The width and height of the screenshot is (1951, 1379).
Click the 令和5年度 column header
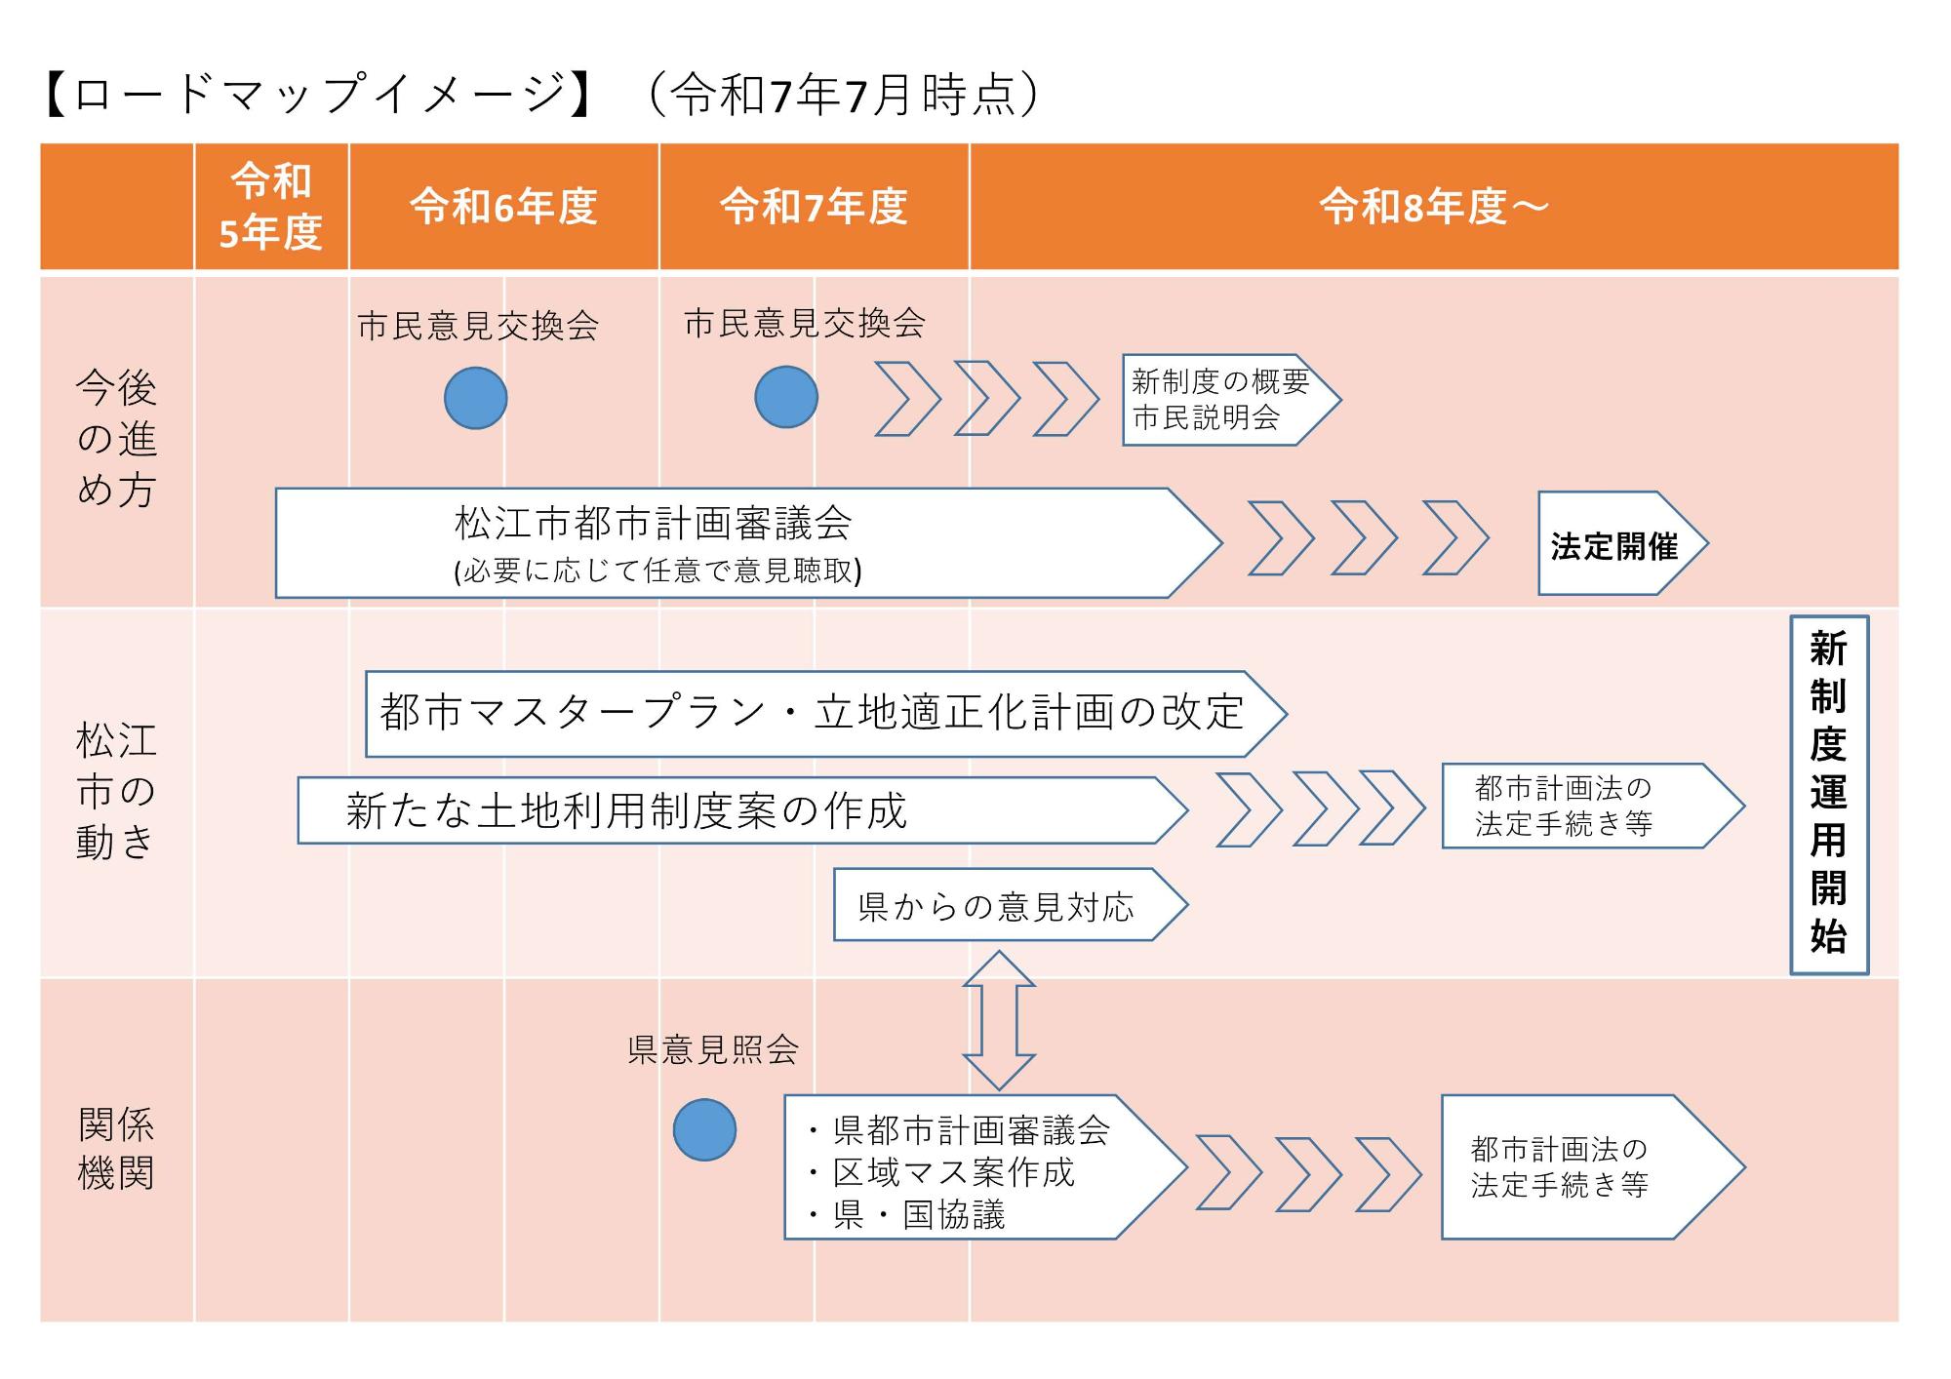coord(270,207)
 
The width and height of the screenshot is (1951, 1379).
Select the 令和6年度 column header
coord(503,207)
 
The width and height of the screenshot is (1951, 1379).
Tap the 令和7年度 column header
coord(814,207)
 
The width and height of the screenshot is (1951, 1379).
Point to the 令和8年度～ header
coord(1433,207)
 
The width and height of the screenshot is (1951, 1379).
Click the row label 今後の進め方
coord(116,440)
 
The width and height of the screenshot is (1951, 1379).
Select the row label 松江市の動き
coord(116,791)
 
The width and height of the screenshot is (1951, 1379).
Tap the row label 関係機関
coord(116,1149)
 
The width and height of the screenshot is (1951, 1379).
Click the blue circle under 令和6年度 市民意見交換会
coord(476,398)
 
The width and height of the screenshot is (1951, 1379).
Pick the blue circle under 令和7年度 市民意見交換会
coord(786,397)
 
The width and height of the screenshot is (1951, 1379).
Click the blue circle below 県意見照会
coord(704,1129)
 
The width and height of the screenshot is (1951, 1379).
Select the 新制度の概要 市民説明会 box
coord(1219,400)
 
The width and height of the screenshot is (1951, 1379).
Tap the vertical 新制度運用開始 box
coord(1828,794)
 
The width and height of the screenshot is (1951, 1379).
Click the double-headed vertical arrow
coord(998,1020)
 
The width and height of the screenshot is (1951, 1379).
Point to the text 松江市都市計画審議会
coord(653,524)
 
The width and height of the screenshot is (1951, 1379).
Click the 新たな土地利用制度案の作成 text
coord(626,810)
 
